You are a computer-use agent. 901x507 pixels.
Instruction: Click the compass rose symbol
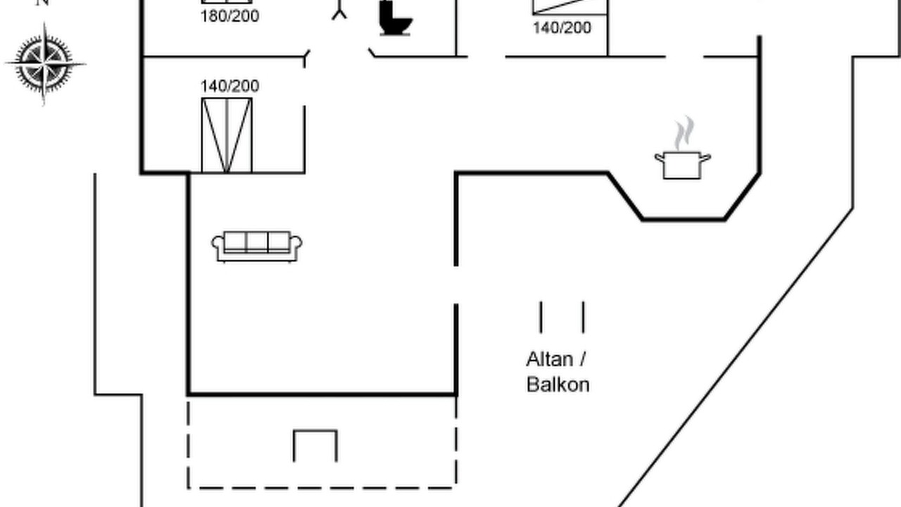(x=44, y=63)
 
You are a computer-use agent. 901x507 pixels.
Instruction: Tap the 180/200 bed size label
(x=229, y=16)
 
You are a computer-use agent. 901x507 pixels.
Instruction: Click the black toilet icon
(x=396, y=18)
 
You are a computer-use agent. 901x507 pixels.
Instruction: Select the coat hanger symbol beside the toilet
(x=339, y=10)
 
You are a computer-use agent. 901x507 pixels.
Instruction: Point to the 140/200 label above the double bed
(x=229, y=86)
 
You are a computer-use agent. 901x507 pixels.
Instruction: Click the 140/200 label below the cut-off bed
(x=562, y=27)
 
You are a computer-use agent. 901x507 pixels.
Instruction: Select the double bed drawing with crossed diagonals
(x=227, y=135)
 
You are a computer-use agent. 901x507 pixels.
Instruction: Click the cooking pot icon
(x=683, y=165)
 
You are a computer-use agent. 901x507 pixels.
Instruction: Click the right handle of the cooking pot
(x=706, y=158)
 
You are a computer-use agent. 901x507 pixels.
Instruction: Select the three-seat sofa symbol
(x=257, y=246)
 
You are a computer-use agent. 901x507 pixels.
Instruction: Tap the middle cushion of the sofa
(x=257, y=242)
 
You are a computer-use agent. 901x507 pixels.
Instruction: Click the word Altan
(x=550, y=359)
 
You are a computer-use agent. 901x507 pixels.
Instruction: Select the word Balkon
(x=558, y=384)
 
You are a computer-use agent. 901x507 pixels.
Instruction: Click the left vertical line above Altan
(x=541, y=318)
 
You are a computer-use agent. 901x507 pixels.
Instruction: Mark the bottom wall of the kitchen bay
(x=683, y=219)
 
